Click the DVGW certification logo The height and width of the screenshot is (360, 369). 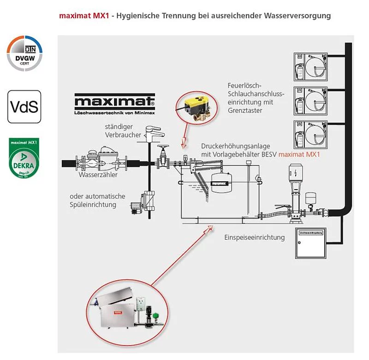[24, 53]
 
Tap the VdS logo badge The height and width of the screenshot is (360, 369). [24, 106]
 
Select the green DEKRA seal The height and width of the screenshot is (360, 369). [24, 158]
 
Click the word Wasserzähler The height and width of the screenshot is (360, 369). [98, 175]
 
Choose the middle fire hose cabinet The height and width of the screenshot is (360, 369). [310, 100]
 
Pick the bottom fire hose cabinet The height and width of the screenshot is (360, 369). [310, 135]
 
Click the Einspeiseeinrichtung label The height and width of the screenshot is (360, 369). [255, 237]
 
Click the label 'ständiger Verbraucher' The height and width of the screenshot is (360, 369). [119, 131]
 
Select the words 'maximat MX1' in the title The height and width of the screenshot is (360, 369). [84, 16]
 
